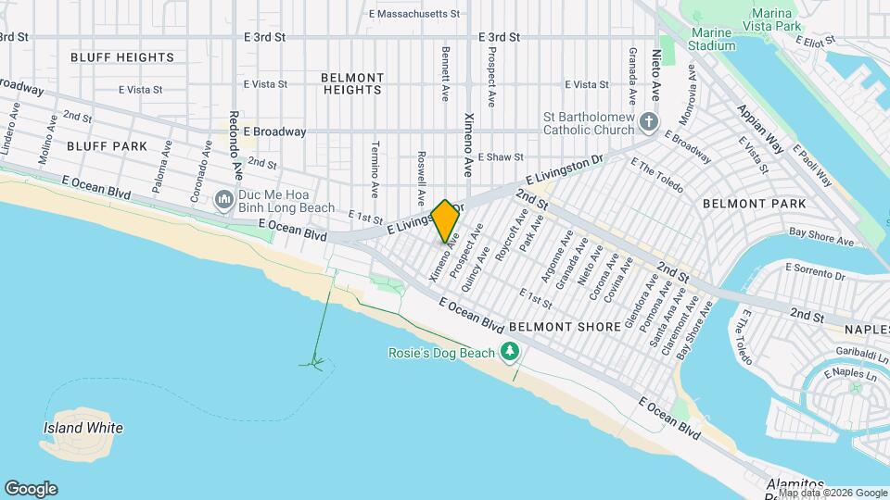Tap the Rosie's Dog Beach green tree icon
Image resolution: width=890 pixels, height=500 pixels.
tap(509, 351)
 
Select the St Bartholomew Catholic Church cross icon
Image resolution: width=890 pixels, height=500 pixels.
tap(649, 121)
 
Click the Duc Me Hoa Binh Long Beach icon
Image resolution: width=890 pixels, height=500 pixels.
tap(223, 199)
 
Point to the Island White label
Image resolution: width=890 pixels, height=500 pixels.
tap(83, 428)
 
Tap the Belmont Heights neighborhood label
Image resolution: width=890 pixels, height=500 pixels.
tap(352, 83)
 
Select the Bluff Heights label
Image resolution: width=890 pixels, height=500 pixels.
tap(122, 57)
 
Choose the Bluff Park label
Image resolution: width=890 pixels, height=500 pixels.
tap(108, 146)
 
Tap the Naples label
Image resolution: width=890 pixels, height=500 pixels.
tap(867, 329)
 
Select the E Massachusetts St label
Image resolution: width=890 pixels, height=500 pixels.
tap(414, 14)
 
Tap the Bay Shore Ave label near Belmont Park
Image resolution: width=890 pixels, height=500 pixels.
tap(820, 237)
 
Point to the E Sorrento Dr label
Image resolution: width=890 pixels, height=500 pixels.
tap(815, 270)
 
